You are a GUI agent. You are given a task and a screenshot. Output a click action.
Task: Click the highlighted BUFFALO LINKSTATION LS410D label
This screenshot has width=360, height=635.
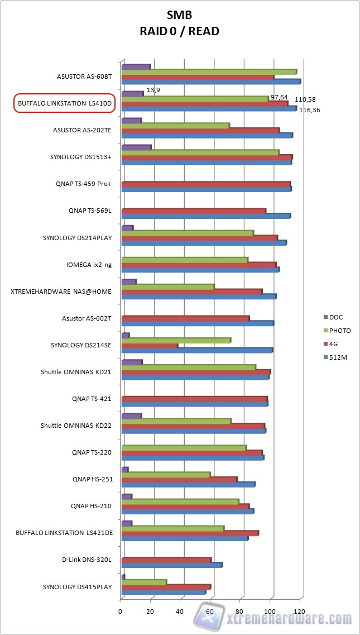coord(64,103)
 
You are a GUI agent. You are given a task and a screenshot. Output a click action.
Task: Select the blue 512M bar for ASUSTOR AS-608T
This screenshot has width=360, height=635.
coord(210,82)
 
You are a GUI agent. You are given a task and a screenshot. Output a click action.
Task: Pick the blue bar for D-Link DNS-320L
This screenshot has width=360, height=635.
coord(171,565)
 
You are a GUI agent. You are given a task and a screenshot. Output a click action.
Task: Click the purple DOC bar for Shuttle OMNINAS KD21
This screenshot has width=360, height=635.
coord(132,362)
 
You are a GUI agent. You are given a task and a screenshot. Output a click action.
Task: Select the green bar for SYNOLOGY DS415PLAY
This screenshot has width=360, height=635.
coord(143,582)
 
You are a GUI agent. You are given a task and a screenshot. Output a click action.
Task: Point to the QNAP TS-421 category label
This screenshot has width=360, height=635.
coord(92,399)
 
